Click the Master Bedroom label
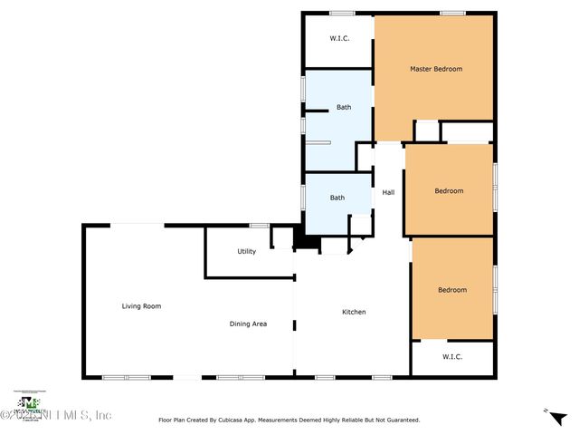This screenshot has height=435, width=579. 435,69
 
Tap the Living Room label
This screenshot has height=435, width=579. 141,306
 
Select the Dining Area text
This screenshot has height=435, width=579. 248,324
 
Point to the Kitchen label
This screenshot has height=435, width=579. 354,312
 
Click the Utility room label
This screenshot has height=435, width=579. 246,251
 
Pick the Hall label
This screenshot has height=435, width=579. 388,192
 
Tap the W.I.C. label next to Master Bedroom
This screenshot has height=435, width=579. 339,39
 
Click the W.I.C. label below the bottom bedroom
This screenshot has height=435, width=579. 452,357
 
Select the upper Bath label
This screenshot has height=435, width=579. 344,107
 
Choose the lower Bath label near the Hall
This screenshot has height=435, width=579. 337,198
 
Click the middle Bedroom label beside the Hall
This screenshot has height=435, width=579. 449,190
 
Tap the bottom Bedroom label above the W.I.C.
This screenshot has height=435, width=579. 452,290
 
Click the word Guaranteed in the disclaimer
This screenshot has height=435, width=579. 401,420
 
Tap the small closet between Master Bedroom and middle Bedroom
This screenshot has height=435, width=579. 426,131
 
